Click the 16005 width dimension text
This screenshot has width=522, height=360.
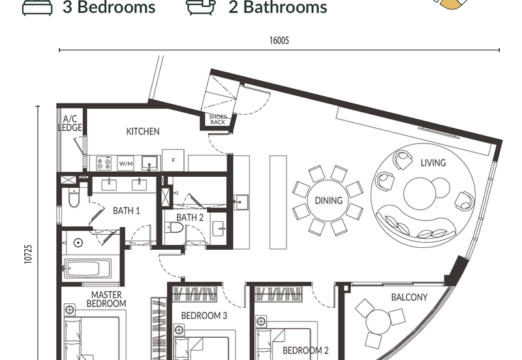click(x=279, y=40)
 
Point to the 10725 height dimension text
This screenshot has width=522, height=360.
click(x=29, y=254)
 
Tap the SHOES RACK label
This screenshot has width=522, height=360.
click(x=218, y=119)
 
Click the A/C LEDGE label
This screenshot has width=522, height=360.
click(x=70, y=123)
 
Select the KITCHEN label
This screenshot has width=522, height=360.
click(x=143, y=132)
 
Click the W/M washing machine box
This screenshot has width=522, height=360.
click(x=126, y=163)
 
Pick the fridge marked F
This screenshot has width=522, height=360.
click(x=173, y=160)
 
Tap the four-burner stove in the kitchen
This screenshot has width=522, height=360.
click(x=103, y=163)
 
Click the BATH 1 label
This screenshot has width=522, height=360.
click(x=126, y=211)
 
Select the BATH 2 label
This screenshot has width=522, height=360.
click(x=190, y=218)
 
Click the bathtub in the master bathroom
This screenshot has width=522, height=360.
click(x=87, y=269)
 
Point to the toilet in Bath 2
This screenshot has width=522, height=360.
click(x=174, y=228)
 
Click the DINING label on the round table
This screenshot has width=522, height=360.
click(x=329, y=200)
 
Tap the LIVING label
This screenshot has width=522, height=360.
click(x=433, y=162)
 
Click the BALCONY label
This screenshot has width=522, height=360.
click(x=409, y=297)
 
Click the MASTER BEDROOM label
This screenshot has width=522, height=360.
click(x=106, y=299)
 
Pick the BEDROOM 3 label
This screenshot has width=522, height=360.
click(x=204, y=316)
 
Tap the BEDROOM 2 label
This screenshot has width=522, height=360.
click(x=305, y=350)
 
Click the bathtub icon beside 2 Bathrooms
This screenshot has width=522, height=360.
click(x=201, y=7)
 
